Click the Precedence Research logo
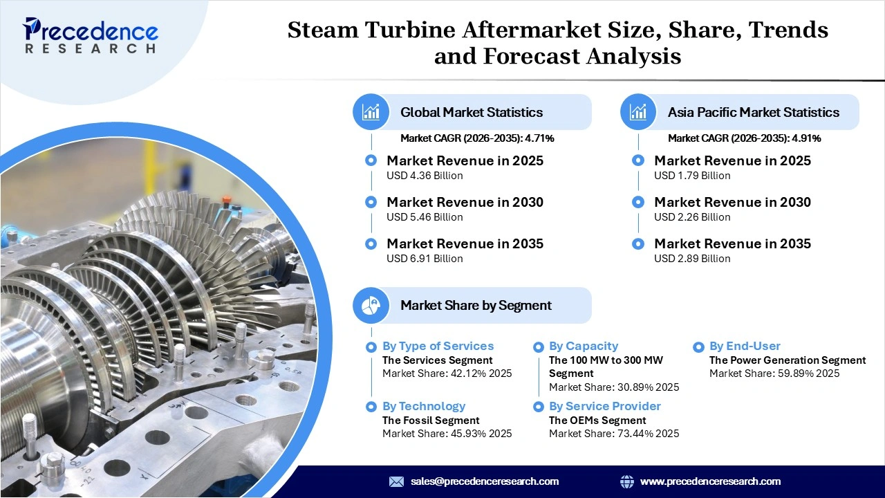[x=91, y=35]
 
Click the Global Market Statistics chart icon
[x=371, y=112]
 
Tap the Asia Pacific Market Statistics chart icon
[x=638, y=112]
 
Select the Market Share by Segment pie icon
[x=371, y=305]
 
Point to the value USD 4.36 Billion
[x=425, y=176]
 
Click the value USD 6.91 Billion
[x=425, y=259]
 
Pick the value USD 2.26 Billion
[x=692, y=217]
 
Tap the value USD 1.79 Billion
[x=692, y=176]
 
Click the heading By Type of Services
[x=438, y=346]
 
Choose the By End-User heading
[x=745, y=346]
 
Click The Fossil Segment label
[x=431, y=421]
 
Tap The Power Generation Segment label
[x=788, y=360]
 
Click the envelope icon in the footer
[x=396, y=481]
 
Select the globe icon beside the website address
[x=627, y=481]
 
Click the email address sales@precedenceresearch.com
[x=484, y=481]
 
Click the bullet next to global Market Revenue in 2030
[x=371, y=202]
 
